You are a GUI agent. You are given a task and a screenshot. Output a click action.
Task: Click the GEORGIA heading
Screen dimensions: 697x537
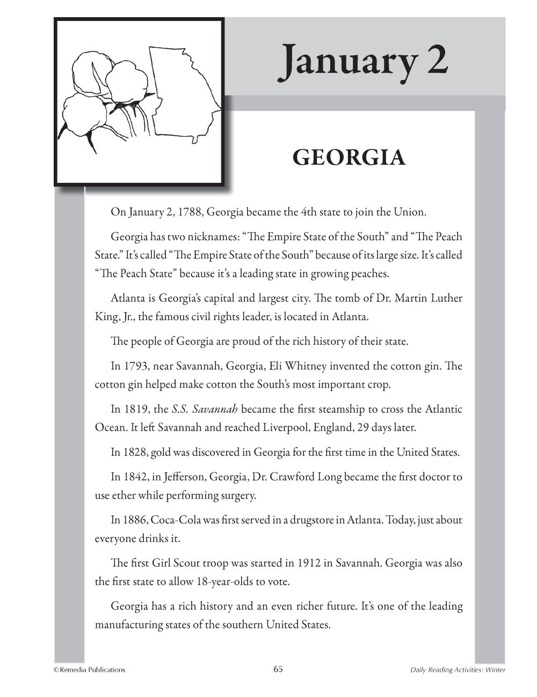349,158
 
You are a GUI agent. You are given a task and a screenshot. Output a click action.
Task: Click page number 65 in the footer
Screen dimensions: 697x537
278,669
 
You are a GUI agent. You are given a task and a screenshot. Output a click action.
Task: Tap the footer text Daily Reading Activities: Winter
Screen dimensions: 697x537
458,670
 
